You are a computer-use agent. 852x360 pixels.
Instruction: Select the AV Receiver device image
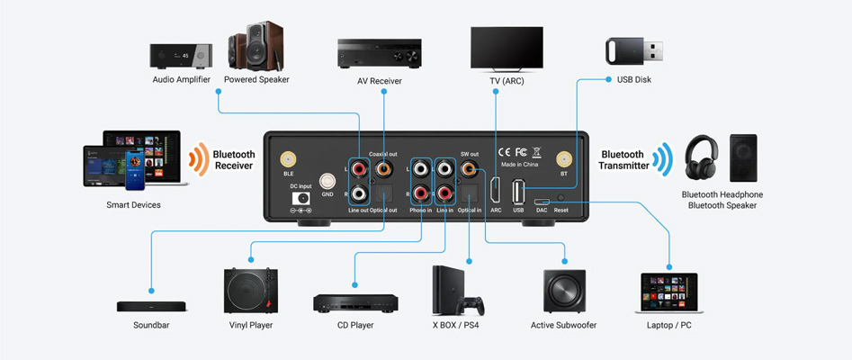tap(378, 53)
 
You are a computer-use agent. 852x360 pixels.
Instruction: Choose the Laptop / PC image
tap(669, 293)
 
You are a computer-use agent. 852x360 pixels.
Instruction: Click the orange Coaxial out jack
tap(384, 167)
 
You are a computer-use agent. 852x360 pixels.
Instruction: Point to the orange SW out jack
tap(469, 167)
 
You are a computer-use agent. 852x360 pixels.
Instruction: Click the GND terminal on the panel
tap(327, 180)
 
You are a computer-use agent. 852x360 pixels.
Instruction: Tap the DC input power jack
tap(301, 197)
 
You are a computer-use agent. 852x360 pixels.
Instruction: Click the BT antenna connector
tap(564, 157)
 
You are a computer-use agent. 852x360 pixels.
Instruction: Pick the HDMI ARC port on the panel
tap(496, 190)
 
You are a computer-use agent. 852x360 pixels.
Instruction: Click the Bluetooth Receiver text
tap(234, 159)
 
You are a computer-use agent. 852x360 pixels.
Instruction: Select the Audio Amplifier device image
tap(181, 55)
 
